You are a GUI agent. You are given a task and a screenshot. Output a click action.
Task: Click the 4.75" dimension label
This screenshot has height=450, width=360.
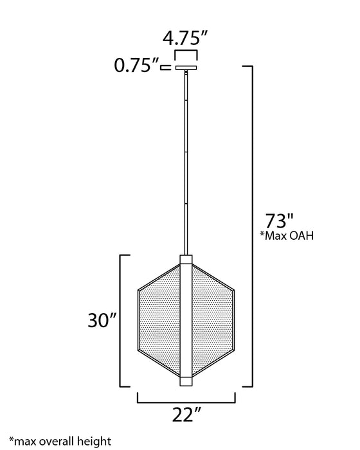(185, 38)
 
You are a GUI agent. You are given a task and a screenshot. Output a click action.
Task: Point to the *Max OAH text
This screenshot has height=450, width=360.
(287, 236)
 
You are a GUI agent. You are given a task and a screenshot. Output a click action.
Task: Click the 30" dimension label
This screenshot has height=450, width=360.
(102, 320)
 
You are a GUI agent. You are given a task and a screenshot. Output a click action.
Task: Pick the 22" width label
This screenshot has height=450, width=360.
(186, 415)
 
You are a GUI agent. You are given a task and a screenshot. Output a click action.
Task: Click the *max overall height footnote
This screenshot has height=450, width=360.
(60, 441)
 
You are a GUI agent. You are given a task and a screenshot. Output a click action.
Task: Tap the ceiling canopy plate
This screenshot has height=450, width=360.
(186, 68)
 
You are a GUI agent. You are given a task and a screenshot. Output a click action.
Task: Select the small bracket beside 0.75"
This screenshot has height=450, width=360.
(166, 67)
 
